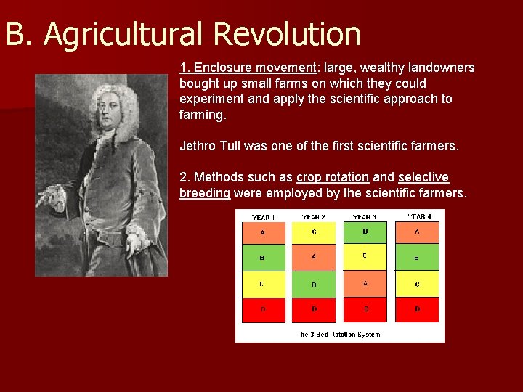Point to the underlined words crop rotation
pos(333,177)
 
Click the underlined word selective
pos(423,177)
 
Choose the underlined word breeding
pos(205,193)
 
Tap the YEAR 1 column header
pos(262,217)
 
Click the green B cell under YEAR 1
pos(262,257)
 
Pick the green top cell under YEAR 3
pos(365,232)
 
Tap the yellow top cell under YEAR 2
pos(314,232)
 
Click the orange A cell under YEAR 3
pos(365,284)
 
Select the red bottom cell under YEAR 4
pos(417,309)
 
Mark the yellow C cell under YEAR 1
pos(262,284)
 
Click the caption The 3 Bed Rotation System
pos(338,335)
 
